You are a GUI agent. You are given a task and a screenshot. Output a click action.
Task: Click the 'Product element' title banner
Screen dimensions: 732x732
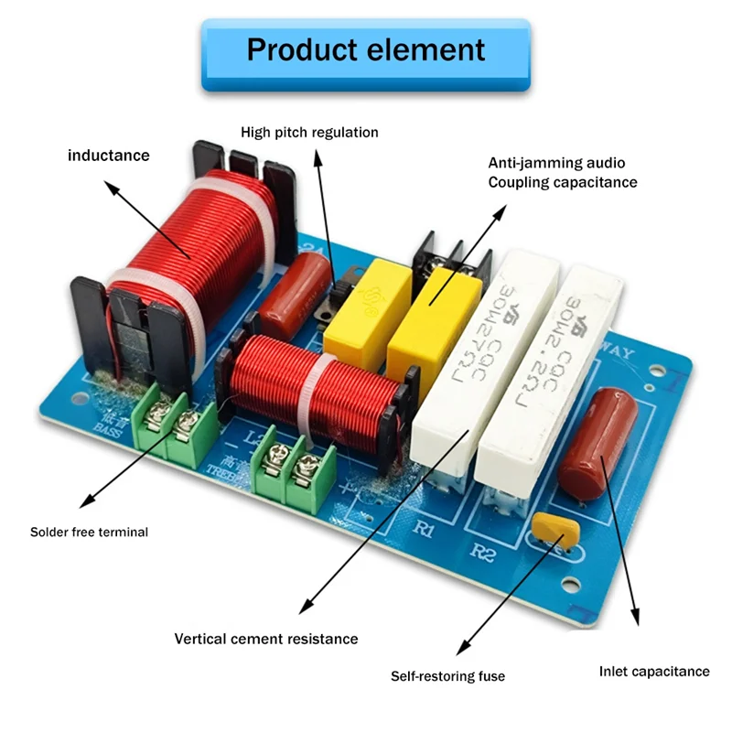pos(366,49)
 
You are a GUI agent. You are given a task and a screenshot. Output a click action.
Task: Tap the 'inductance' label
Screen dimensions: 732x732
pos(108,156)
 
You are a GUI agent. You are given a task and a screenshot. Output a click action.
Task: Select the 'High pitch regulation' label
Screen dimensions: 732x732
pos(309,133)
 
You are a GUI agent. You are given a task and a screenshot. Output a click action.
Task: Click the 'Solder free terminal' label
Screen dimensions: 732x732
pos(89,532)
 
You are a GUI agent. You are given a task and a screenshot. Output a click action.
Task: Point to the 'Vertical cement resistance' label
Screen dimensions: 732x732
pos(266,639)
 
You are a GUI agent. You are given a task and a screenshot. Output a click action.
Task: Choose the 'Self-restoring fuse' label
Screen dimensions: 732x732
pos(447,676)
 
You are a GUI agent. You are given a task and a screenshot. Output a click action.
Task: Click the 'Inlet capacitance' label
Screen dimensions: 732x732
pos(653,672)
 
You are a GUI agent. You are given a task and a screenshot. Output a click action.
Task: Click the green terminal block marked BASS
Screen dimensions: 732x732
pos(174,425)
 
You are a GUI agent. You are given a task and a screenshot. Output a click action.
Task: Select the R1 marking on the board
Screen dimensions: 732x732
pos(423,529)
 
